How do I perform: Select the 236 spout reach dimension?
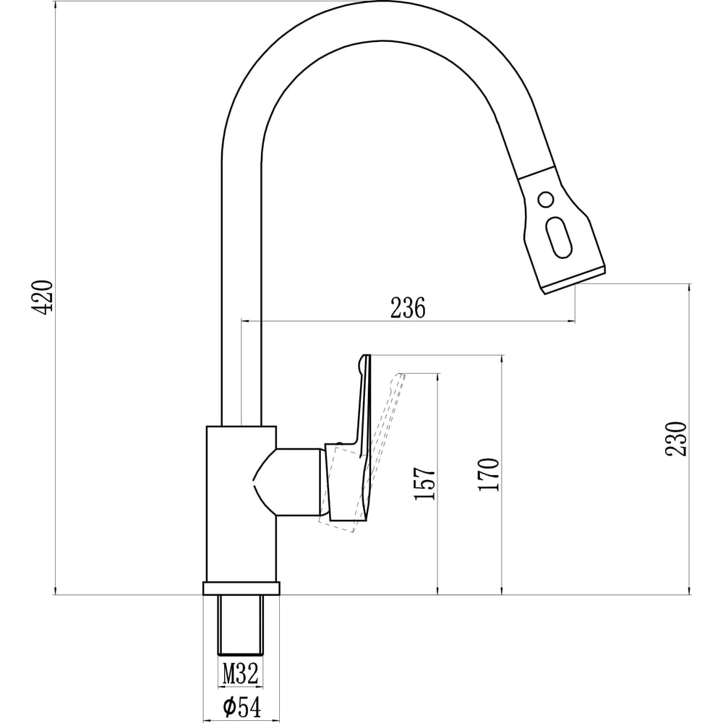(408, 308)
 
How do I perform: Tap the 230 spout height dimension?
(676, 439)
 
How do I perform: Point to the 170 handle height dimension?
(489, 474)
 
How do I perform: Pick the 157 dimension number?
(424, 484)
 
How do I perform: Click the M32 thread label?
(240, 673)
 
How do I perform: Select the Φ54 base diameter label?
(241, 707)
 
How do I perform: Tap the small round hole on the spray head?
(546, 200)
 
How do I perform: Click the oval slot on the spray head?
(559, 238)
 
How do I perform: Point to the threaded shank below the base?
(241, 625)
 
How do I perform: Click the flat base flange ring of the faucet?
(241, 589)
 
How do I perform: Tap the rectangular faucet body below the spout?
(241, 503)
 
